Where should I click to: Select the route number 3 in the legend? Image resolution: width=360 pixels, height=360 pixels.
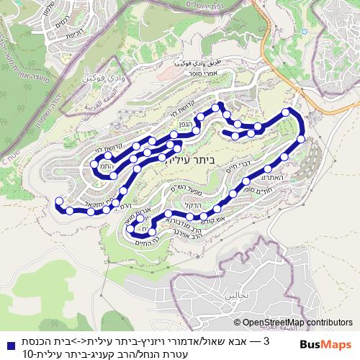(x=266, y=340)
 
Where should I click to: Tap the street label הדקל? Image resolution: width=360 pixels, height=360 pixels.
(x=194, y=205)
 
